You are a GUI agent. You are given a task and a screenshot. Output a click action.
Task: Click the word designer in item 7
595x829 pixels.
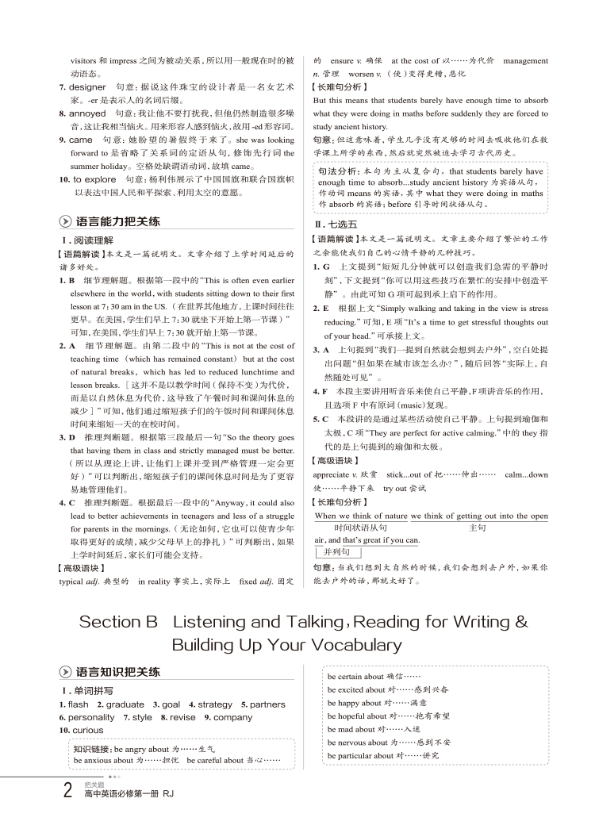(87, 86)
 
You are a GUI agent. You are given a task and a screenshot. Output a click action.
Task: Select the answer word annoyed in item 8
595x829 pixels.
(88, 113)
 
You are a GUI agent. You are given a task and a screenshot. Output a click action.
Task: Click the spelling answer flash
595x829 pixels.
(79, 704)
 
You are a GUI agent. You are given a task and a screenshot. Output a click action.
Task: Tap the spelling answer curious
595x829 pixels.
(87, 731)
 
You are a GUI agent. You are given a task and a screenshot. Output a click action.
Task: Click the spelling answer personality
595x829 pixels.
(92, 717)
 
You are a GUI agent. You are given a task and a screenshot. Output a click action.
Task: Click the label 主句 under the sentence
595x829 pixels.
(478, 527)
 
